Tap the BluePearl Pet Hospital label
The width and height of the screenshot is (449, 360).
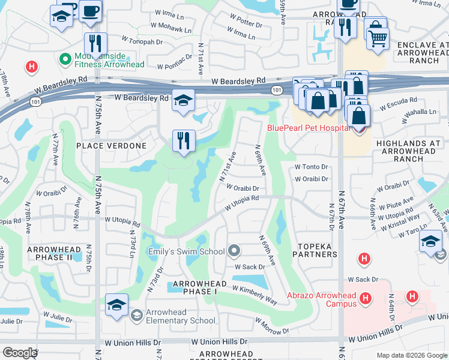click(x=309, y=128)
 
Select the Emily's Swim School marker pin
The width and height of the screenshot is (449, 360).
click(x=235, y=251)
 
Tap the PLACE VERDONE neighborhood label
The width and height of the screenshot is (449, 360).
click(x=111, y=146)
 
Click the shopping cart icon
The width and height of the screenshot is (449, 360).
click(x=377, y=38)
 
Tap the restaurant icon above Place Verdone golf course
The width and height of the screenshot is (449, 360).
click(x=184, y=141)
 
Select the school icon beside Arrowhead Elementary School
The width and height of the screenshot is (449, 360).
click(x=116, y=305)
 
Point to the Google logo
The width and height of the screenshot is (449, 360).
click(x=20, y=352)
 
